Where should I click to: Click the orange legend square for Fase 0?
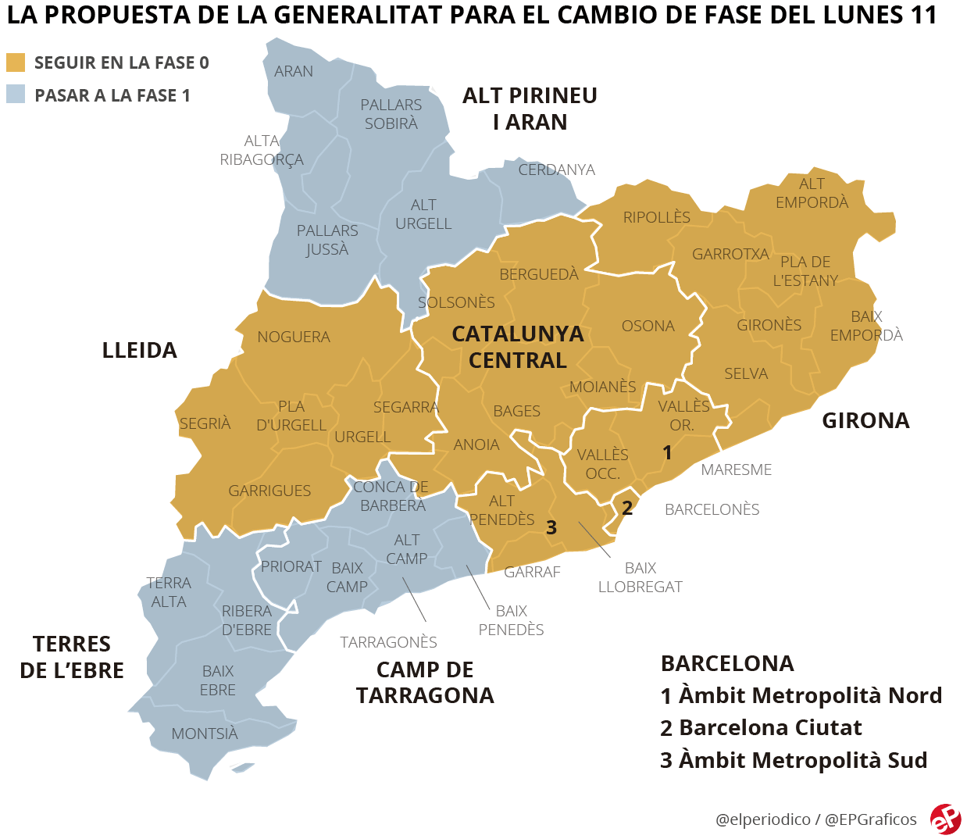[16, 62]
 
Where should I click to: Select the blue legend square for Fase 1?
[16, 95]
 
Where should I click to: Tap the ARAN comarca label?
[294, 71]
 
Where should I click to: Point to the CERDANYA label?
[556, 170]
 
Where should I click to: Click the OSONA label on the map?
[648, 326]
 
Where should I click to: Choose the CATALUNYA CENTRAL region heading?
[517, 347]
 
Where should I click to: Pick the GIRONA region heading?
[865, 420]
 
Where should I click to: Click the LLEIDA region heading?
[139, 350]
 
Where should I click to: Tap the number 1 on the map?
[666, 452]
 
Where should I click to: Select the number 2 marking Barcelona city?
[626, 508]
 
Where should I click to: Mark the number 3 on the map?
[551, 527]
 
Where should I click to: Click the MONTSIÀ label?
[205, 734]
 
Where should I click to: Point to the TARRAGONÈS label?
[388, 642]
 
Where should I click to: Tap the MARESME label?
[736, 469]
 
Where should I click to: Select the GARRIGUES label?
[269, 491]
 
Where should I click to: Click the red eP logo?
[945, 818]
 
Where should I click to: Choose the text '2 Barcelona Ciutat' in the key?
[761, 727]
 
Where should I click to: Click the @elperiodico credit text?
[762, 819]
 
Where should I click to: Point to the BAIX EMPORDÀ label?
[866, 326]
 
